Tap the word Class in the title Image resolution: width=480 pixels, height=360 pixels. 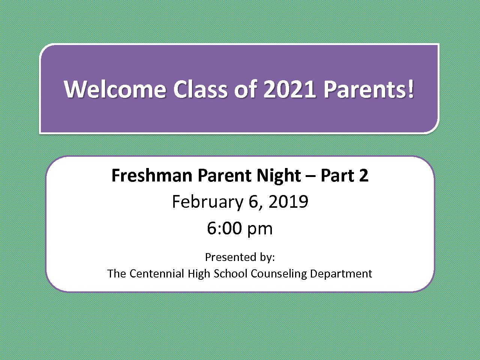(x=201, y=89)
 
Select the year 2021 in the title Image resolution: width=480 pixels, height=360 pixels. (x=290, y=89)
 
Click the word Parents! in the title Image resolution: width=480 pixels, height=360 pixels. (x=369, y=89)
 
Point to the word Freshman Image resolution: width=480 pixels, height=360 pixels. (x=152, y=175)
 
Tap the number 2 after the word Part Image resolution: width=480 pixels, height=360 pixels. (x=364, y=175)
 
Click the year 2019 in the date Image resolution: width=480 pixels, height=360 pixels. (x=288, y=201)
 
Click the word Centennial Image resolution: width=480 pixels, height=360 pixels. (x=157, y=273)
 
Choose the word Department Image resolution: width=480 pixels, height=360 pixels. (x=341, y=274)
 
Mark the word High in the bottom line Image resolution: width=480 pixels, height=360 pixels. (x=199, y=274)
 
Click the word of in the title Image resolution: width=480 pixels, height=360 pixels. (x=245, y=89)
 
